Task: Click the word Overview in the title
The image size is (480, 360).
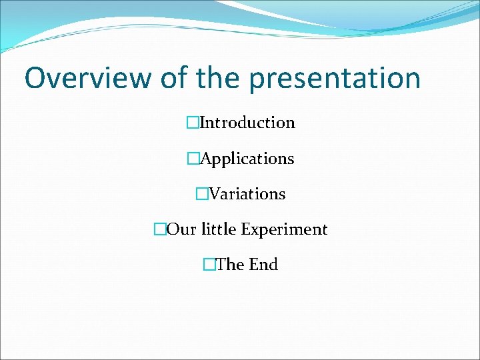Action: [x=88, y=78]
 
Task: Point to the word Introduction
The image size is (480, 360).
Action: [x=247, y=123]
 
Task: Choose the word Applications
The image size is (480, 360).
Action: [x=247, y=159]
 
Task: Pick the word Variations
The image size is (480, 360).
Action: [x=247, y=194]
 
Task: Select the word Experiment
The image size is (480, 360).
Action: [x=284, y=230]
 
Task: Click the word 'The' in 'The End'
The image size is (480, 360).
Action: [x=230, y=265]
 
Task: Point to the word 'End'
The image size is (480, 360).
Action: [x=263, y=265]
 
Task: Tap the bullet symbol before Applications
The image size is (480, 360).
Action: [x=193, y=159]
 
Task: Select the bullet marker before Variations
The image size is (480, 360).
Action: [x=201, y=194]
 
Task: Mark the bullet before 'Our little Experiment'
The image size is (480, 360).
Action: [x=159, y=229]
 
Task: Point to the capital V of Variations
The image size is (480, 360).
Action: [x=214, y=194]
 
